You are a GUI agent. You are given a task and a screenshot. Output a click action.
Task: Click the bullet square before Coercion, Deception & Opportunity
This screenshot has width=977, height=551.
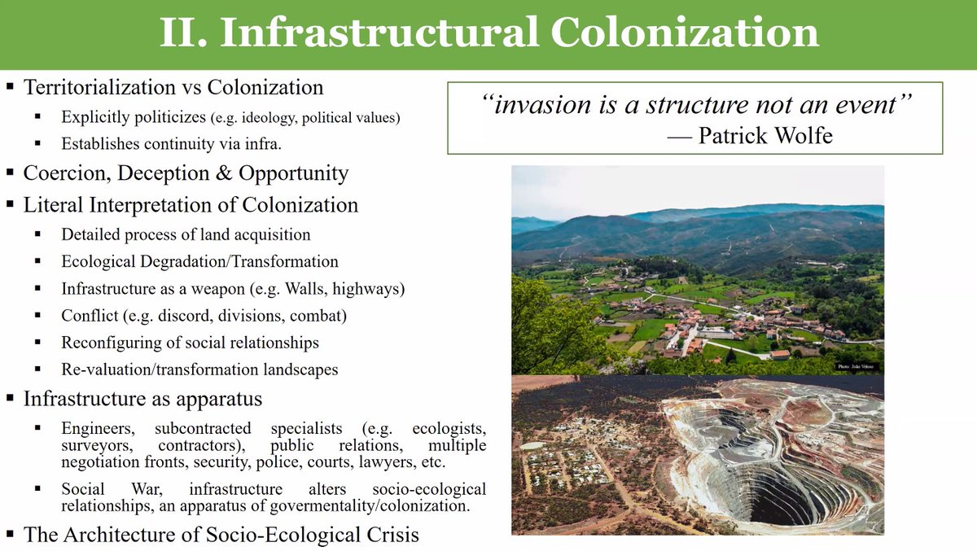[x=10, y=173]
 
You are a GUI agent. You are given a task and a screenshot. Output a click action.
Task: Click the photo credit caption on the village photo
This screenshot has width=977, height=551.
[x=857, y=368]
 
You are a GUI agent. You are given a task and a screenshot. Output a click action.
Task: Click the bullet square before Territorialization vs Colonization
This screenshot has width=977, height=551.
[x=10, y=87]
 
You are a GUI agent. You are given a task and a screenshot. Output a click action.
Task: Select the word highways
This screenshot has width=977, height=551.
[x=374, y=288]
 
